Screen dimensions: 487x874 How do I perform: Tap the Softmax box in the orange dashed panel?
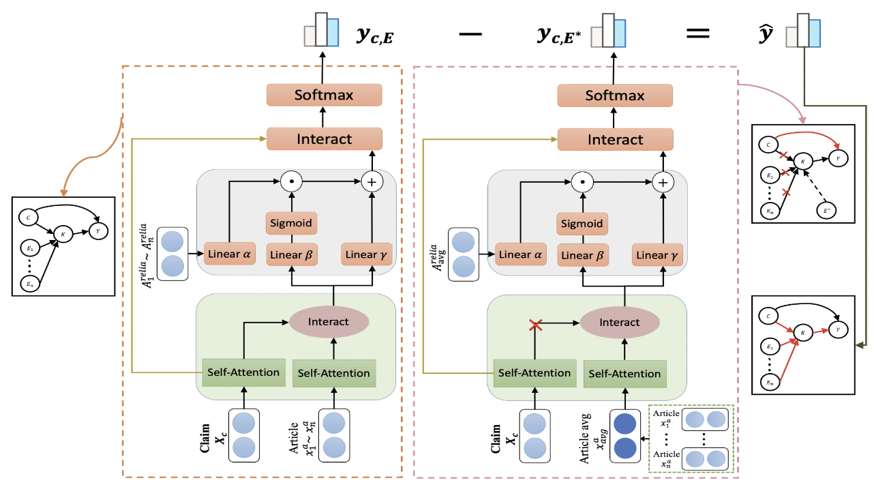(x=324, y=95)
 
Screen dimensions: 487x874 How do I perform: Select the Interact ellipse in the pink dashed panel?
(x=620, y=322)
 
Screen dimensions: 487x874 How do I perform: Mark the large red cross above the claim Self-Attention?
(x=535, y=326)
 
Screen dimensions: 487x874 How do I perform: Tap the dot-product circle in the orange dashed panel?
(x=291, y=183)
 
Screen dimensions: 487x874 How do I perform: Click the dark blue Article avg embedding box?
(x=625, y=434)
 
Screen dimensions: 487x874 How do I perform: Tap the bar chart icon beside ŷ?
(x=802, y=31)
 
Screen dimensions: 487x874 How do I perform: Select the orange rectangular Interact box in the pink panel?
(x=614, y=139)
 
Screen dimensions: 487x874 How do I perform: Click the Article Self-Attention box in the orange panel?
(x=333, y=372)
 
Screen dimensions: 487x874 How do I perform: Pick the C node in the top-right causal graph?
(x=768, y=144)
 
